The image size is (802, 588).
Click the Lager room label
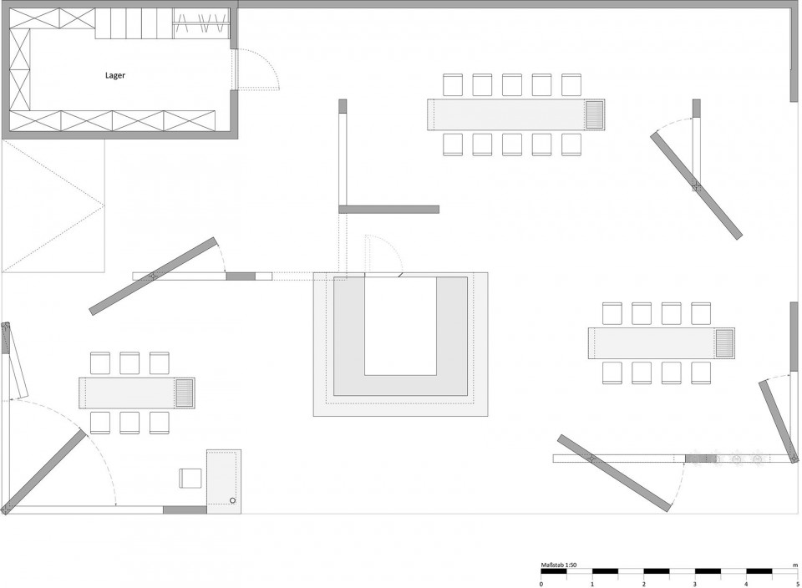click(x=115, y=76)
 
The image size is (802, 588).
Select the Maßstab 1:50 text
click(x=559, y=565)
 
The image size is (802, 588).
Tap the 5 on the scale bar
click(x=797, y=584)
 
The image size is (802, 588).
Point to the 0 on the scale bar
click(x=541, y=584)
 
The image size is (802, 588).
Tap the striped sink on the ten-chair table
click(x=594, y=114)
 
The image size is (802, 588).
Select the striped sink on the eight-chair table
click(x=724, y=343)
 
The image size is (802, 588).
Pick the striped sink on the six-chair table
click(x=185, y=393)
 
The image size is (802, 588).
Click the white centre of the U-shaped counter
click(x=400, y=327)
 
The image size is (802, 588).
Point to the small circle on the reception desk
click(x=233, y=500)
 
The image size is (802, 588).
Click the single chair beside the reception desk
click(x=190, y=478)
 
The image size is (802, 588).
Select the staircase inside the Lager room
click(x=134, y=23)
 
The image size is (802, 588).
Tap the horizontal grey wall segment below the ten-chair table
click(x=388, y=209)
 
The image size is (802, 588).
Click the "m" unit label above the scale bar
click(x=795, y=565)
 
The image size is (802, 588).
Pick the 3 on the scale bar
click(x=694, y=584)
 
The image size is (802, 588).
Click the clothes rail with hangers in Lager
click(x=201, y=23)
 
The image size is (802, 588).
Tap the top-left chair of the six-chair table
click(x=100, y=362)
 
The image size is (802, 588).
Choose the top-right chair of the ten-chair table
click(x=571, y=84)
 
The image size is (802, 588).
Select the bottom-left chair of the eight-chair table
click(x=612, y=373)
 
